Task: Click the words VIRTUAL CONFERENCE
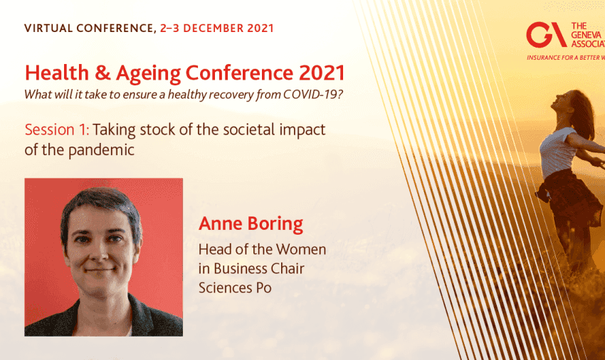[89, 28]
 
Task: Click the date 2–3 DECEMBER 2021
[217, 28]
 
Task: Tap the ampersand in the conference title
[102, 73]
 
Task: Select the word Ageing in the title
[148, 74]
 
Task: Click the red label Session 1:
[57, 129]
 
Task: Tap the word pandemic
[101, 149]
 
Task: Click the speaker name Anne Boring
[251, 223]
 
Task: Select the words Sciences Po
[235, 287]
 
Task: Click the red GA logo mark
[546, 35]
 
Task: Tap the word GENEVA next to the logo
[586, 35]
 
